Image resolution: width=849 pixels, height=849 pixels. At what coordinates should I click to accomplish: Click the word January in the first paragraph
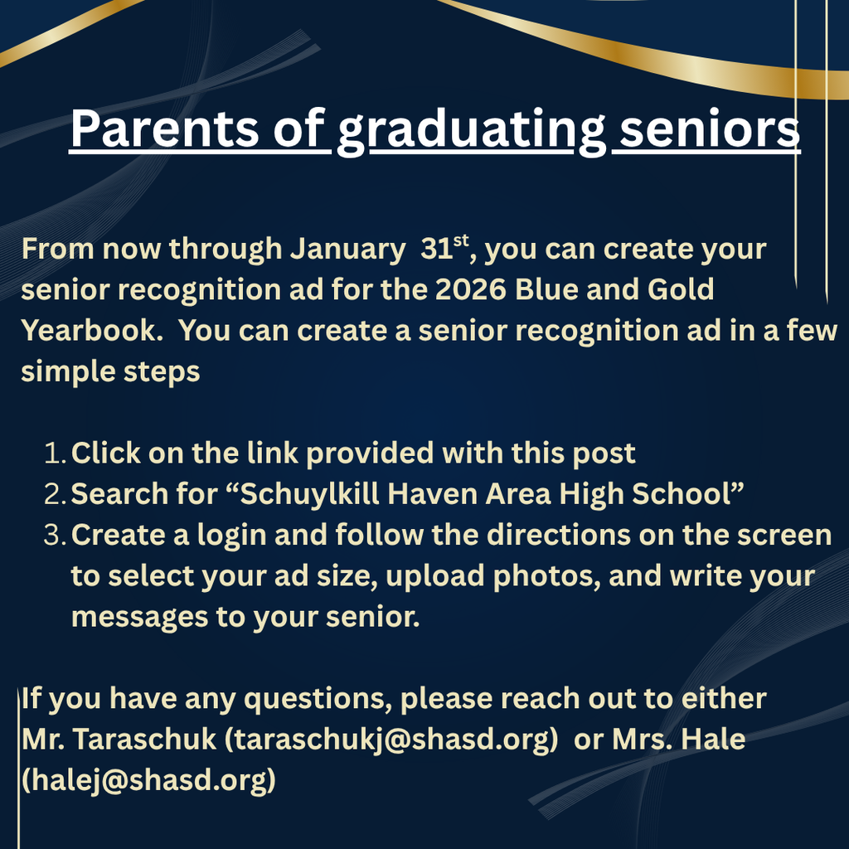point(349,250)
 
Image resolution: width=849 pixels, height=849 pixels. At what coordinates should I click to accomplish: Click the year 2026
point(465,289)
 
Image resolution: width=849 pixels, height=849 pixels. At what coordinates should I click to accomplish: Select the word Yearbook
point(92,331)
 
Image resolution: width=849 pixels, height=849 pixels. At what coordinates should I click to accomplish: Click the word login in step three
point(232,535)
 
